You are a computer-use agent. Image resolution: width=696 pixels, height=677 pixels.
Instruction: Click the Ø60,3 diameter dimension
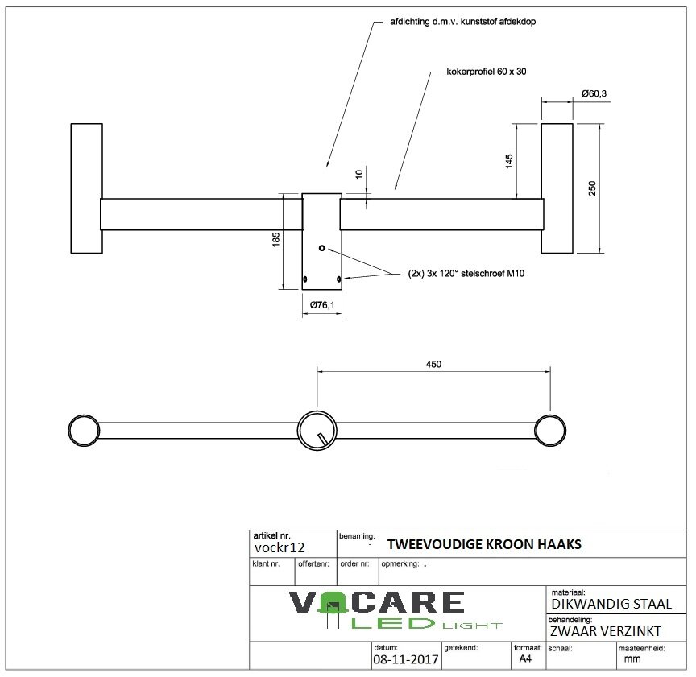coord(594,94)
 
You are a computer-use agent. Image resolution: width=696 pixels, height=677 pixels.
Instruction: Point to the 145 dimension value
coord(508,161)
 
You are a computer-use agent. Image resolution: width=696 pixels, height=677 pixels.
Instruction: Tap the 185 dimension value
coord(275,239)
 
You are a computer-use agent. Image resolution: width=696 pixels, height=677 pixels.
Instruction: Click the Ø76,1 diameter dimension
coord(322,305)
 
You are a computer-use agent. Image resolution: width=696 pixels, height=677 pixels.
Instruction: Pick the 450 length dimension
coord(433,364)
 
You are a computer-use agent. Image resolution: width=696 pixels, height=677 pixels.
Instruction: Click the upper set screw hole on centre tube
coord(321,249)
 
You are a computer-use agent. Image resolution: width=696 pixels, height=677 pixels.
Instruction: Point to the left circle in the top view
coord(82,431)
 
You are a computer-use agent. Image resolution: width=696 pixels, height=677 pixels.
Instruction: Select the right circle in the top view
coord(549,431)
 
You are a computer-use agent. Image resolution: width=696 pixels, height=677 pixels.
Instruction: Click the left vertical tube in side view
coord(86,188)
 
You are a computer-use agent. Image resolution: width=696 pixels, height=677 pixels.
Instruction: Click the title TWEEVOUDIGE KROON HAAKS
coord(484,545)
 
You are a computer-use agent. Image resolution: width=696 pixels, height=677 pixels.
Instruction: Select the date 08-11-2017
coord(405,659)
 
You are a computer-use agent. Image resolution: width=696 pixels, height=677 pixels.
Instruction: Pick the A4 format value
coord(525,658)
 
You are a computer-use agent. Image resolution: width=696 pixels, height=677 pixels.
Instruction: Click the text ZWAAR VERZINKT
coord(605,630)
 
